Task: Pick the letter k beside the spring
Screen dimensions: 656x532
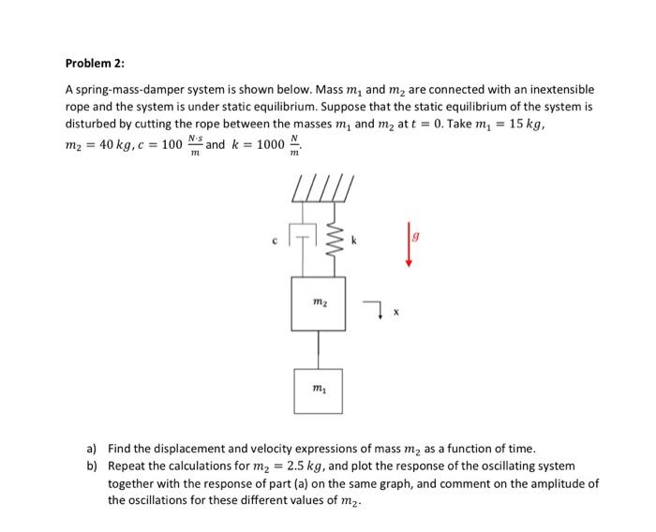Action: (x=353, y=242)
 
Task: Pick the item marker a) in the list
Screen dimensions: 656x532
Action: (x=91, y=449)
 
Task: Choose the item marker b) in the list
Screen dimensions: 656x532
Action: (x=91, y=465)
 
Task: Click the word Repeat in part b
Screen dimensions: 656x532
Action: (x=127, y=465)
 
